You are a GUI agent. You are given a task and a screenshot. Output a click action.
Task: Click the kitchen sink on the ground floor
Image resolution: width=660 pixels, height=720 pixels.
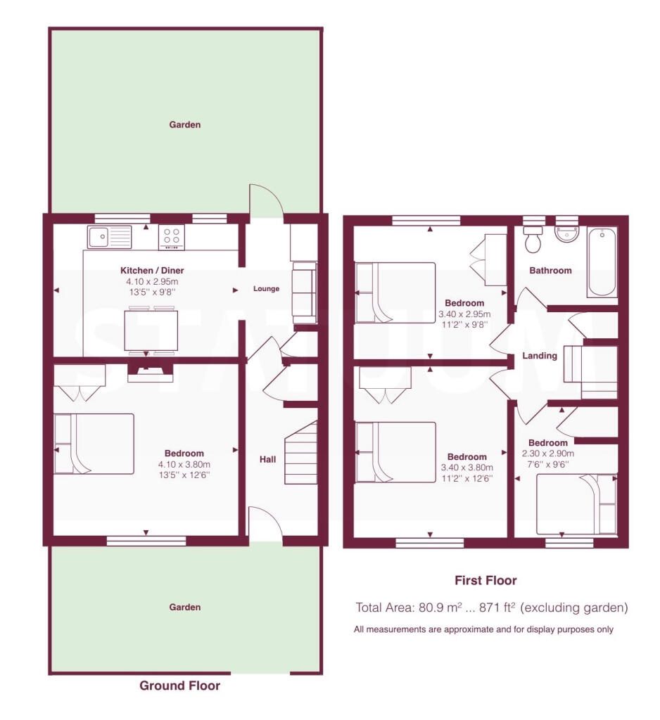pos(109,236)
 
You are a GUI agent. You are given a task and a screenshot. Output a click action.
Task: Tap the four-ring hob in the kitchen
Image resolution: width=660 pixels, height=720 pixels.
pos(172,237)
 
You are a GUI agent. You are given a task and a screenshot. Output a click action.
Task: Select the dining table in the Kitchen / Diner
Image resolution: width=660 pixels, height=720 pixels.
pos(151,330)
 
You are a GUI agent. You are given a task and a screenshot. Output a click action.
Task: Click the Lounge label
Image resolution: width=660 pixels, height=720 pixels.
pos(266,289)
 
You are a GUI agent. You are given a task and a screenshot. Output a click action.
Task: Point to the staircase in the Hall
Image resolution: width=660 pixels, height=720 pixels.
pos(302,452)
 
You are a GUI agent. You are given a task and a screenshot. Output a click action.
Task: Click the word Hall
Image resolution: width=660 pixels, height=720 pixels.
pos(268,459)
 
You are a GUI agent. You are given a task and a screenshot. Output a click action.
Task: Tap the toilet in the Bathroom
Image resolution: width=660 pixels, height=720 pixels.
pos(533,239)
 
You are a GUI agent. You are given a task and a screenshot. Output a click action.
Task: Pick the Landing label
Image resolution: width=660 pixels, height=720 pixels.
pos(540,355)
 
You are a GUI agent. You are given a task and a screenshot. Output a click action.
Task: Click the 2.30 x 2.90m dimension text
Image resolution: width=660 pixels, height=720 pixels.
pos(548,454)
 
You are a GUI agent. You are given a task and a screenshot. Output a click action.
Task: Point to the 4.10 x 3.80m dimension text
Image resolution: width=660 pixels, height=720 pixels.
pos(184,465)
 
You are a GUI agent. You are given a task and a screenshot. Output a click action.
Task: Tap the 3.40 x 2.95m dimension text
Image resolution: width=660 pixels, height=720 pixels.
pos(464,314)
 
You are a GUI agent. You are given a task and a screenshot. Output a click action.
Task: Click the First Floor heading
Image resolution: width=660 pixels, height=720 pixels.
pos(486,580)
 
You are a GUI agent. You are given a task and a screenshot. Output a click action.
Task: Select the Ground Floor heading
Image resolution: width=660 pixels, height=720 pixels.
pos(179,686)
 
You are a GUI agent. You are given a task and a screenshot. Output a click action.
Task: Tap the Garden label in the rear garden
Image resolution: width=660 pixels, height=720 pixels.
pos(185,124)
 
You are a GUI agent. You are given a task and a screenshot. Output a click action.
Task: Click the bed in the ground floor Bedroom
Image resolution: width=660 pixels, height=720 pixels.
pos(94,444)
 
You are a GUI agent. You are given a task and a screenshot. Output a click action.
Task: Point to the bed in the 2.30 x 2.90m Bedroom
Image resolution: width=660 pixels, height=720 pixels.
pos(577,505)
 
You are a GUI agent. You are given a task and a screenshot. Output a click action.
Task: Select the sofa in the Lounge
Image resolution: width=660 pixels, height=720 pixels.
pos(305,292)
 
